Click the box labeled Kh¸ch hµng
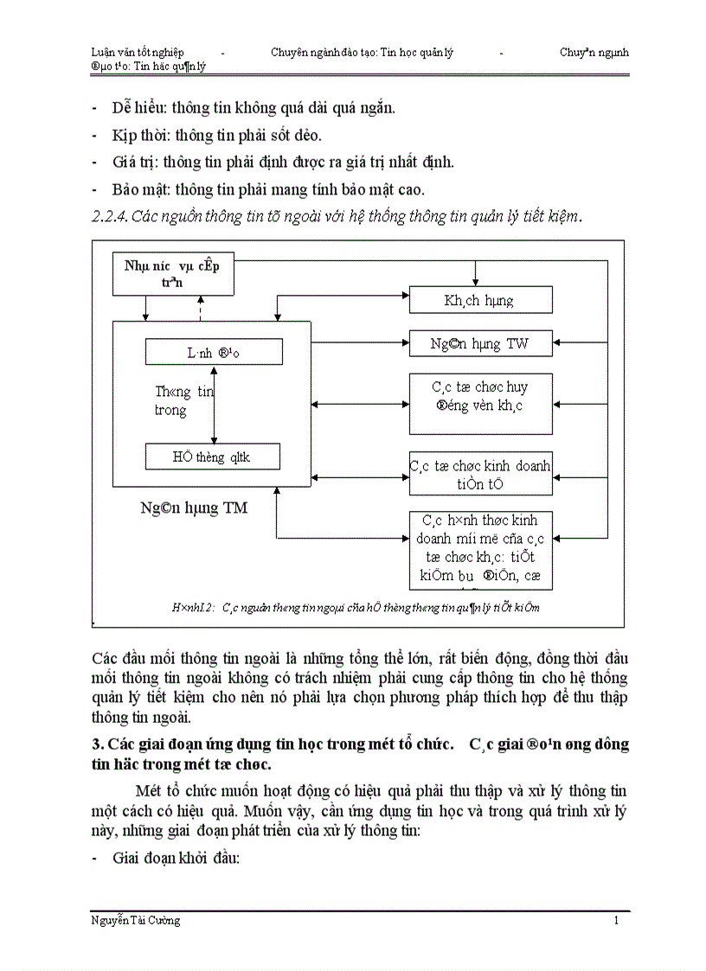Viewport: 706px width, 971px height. (479, 300)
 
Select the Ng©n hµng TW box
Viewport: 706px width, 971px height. (479, 343)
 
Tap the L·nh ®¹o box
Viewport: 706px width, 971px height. (214, 352)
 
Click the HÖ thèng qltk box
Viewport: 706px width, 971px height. (212, 457)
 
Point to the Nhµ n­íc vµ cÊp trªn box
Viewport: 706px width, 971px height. (172, 272)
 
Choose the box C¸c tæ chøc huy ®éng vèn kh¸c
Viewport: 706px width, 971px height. (479, 403)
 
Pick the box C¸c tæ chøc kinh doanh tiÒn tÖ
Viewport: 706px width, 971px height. (479, 473)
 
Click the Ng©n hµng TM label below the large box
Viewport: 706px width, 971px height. (194, 508)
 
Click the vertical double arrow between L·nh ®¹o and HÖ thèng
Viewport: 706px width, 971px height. (214, 404)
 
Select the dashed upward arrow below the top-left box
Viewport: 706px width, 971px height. (200, 307)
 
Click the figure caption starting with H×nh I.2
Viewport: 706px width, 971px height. (356, 607)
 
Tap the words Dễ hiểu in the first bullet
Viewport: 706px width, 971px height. (138, 108)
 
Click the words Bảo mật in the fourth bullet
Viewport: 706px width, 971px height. (140, 189)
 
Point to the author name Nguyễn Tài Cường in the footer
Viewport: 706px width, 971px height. (135, 921)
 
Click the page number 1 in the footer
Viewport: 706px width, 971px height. (616, 921)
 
